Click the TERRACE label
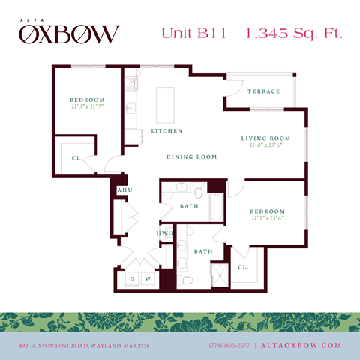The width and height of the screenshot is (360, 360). point(263,91)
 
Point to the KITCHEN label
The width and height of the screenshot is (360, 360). point(166,131)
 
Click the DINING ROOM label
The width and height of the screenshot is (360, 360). point(192,157)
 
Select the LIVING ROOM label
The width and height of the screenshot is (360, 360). point(265,139)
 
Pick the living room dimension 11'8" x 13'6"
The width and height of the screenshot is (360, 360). point(265,146)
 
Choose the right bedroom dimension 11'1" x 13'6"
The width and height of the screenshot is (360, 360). point(268,219)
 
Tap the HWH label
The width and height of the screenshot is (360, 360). point(165,233)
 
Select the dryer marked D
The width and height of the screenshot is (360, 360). point(132,280)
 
